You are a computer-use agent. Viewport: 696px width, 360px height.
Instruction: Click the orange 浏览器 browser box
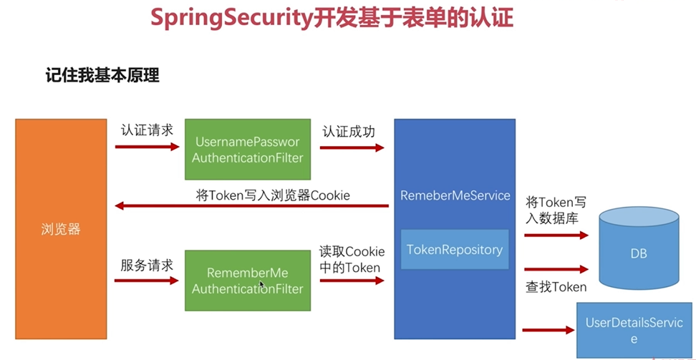[x=60, y=229]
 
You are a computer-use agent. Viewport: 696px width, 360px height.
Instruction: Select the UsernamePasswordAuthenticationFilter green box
[x=248, y=150]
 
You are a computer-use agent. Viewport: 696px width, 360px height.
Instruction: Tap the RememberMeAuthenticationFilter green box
[x=248, y=281]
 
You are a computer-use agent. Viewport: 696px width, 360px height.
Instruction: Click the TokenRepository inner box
[x=455, y=250]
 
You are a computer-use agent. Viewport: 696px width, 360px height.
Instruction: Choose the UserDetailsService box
[x=634, y=330]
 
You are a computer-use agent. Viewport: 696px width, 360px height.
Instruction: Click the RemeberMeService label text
[x=455, y=195]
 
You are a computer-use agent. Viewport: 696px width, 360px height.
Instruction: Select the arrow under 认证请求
[x=147, y=147]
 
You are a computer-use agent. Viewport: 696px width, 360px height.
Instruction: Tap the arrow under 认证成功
[x=352, y=147]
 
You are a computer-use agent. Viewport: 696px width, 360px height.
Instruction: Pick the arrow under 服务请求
[x=147, y=281]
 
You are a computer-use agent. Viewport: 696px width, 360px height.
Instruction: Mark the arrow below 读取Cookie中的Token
[x=352, y=281]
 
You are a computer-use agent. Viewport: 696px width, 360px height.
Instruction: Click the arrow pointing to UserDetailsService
[x=548, y=330]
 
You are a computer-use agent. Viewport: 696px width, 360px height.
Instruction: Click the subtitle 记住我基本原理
[x=102, y=75]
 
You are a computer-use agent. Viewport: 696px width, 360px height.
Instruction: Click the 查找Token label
[x=556, y=287]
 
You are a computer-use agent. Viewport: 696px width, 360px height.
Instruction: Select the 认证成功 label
[x=349, y=132]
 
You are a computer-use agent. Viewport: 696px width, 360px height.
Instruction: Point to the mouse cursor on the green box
[x=261, y=284]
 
